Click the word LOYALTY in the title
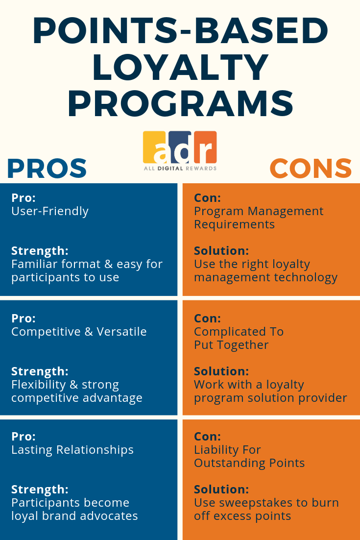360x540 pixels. (x=180, y=68)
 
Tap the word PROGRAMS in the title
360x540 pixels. (x=180, y=104)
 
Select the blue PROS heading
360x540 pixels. (x=47, y=169)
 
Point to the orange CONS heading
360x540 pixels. (x=311, y=169)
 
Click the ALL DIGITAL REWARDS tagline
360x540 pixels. (x=180, y=168)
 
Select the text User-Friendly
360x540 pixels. (x=50, y=211)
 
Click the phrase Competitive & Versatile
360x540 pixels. (x=79, y=332)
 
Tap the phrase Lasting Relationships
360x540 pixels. (x=72, y=450)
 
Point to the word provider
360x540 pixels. (x=325, y=398)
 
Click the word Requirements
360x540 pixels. (x=234, y=224)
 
